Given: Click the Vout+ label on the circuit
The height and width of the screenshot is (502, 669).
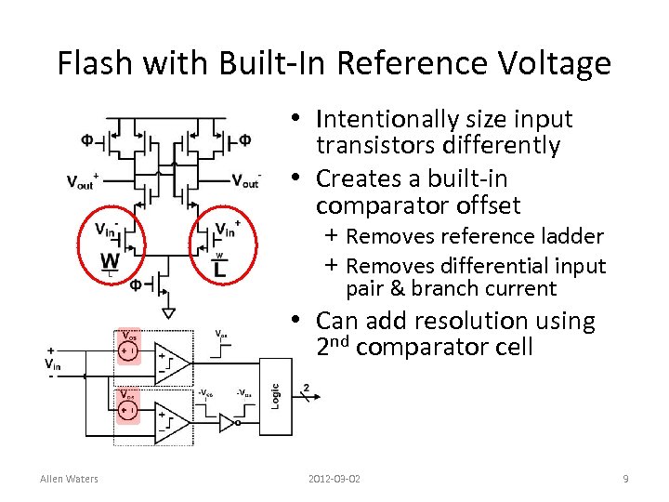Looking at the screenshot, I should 84,181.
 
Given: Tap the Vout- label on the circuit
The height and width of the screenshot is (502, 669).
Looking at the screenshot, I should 245,180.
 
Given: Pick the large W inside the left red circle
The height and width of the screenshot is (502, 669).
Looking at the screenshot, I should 110,258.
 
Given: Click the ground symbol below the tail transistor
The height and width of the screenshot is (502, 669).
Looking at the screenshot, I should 166,307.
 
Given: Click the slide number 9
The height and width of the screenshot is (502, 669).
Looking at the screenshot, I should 625,479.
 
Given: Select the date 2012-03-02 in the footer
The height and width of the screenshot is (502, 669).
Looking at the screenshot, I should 334,479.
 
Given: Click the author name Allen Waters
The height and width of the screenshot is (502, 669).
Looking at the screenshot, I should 69,479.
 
